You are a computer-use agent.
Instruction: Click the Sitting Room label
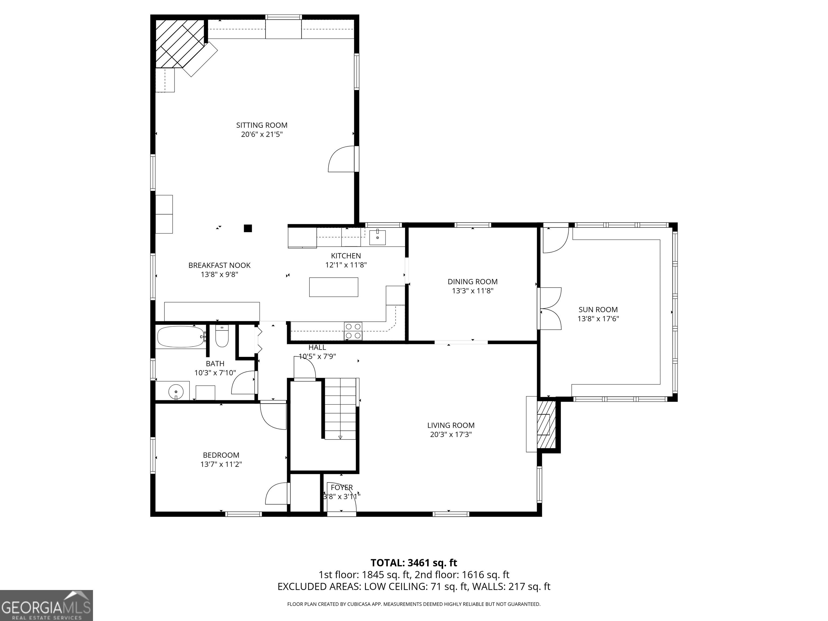coord(262,125)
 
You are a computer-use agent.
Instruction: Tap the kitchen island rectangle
coord(333,287)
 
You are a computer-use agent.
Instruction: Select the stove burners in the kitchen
coord(353,331)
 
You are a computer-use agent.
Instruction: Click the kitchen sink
coord(377,237)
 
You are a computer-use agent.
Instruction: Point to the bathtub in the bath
coord(181,337)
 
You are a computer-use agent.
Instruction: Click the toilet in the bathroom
coord(222,336)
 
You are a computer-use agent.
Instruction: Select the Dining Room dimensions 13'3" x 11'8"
coord(473,291)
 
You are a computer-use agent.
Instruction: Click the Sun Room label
coord(598,310)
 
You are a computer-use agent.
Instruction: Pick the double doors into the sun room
coord(550,308)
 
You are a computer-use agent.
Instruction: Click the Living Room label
coord(451,425)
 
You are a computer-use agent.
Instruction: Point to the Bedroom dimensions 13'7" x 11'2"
coord(221,464)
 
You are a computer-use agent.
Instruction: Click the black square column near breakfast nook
coord(248,228)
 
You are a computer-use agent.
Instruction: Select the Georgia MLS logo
coord(46,605)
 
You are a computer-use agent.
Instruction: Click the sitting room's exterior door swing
coord(341,159)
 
